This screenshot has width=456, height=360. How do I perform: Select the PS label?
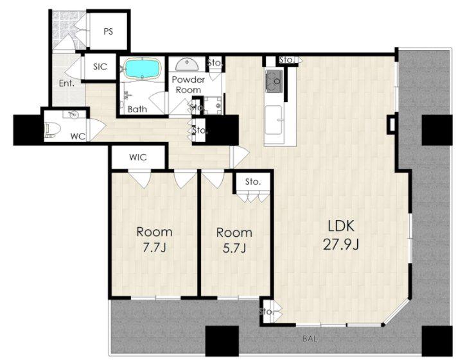click(108, 31)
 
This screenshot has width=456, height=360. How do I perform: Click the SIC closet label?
click(100, 67)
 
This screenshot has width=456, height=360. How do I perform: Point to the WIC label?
click(138, 157)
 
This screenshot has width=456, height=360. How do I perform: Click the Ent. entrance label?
click(67, 83)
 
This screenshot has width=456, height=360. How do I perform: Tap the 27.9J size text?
click(341, 244)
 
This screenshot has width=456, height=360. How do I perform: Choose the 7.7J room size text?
click(154, 248)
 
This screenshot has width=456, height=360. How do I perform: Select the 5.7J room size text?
click(234, 248)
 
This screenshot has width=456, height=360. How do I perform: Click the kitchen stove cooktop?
click(274, 81)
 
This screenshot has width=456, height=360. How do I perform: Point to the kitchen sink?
click(274, 120)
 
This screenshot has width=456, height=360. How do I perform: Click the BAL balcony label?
click(310, 338)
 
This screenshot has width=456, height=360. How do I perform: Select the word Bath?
click(137, 110)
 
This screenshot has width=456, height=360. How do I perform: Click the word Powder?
click(188, 80)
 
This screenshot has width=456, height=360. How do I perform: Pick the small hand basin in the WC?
click(73, 115)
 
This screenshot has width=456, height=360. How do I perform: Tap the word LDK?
click(341, 226)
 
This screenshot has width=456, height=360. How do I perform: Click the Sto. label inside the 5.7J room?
click(252, 182)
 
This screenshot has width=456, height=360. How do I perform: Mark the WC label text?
click(78, 136)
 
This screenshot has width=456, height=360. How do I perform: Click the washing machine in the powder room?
click(213, 105)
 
